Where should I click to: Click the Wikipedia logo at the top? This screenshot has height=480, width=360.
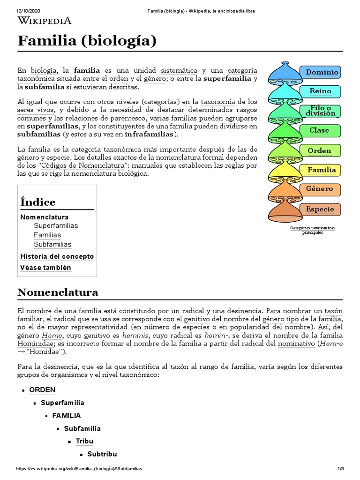coord(45,20)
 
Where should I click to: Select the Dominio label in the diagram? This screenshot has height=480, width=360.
coord(322,72)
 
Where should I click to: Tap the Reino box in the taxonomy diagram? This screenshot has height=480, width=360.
coord(320,91)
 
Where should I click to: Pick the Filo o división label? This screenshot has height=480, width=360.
coord(320,111)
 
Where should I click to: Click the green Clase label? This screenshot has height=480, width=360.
coord(319,130)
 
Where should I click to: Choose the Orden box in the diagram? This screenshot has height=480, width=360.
coord(319,150)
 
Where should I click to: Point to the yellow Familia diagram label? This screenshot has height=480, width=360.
coord(321,170)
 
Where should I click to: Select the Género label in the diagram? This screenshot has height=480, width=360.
coord(320,189)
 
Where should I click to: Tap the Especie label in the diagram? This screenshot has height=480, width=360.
coord(320,209)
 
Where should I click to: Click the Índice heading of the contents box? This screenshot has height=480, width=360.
coord(38,202)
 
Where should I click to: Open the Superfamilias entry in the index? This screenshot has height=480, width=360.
coord(56,226)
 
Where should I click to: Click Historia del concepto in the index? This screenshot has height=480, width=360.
coord(57,256)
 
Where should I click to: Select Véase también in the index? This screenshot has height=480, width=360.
coord(45,268)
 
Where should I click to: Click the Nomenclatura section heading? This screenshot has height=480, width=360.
coord(58,292)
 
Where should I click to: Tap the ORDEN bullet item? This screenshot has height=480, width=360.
coord(42,390)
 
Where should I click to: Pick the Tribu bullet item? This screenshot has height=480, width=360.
coord(84,441)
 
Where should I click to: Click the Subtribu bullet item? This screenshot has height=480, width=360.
coord(102,454)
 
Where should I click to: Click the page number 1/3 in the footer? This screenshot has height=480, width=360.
coord(340,469)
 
